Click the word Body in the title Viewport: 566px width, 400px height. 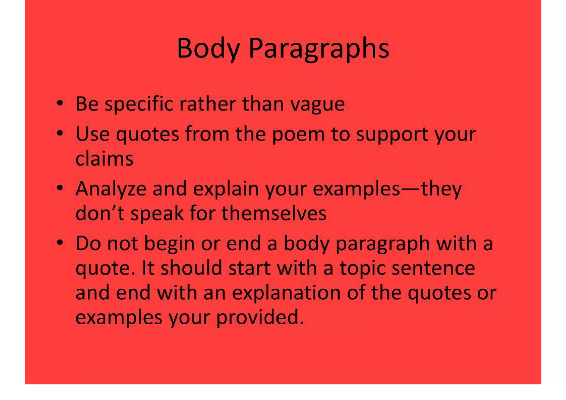point(208,49)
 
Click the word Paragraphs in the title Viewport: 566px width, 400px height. point(319,49)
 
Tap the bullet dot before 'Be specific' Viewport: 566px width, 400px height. point(60,104)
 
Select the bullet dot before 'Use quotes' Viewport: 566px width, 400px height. point(60,134)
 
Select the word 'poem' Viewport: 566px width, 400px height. point(298,135)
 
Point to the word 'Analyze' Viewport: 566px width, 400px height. point(111,189)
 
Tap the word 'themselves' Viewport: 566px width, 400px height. point(274,213)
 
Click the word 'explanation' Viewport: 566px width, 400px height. point(286,293)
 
